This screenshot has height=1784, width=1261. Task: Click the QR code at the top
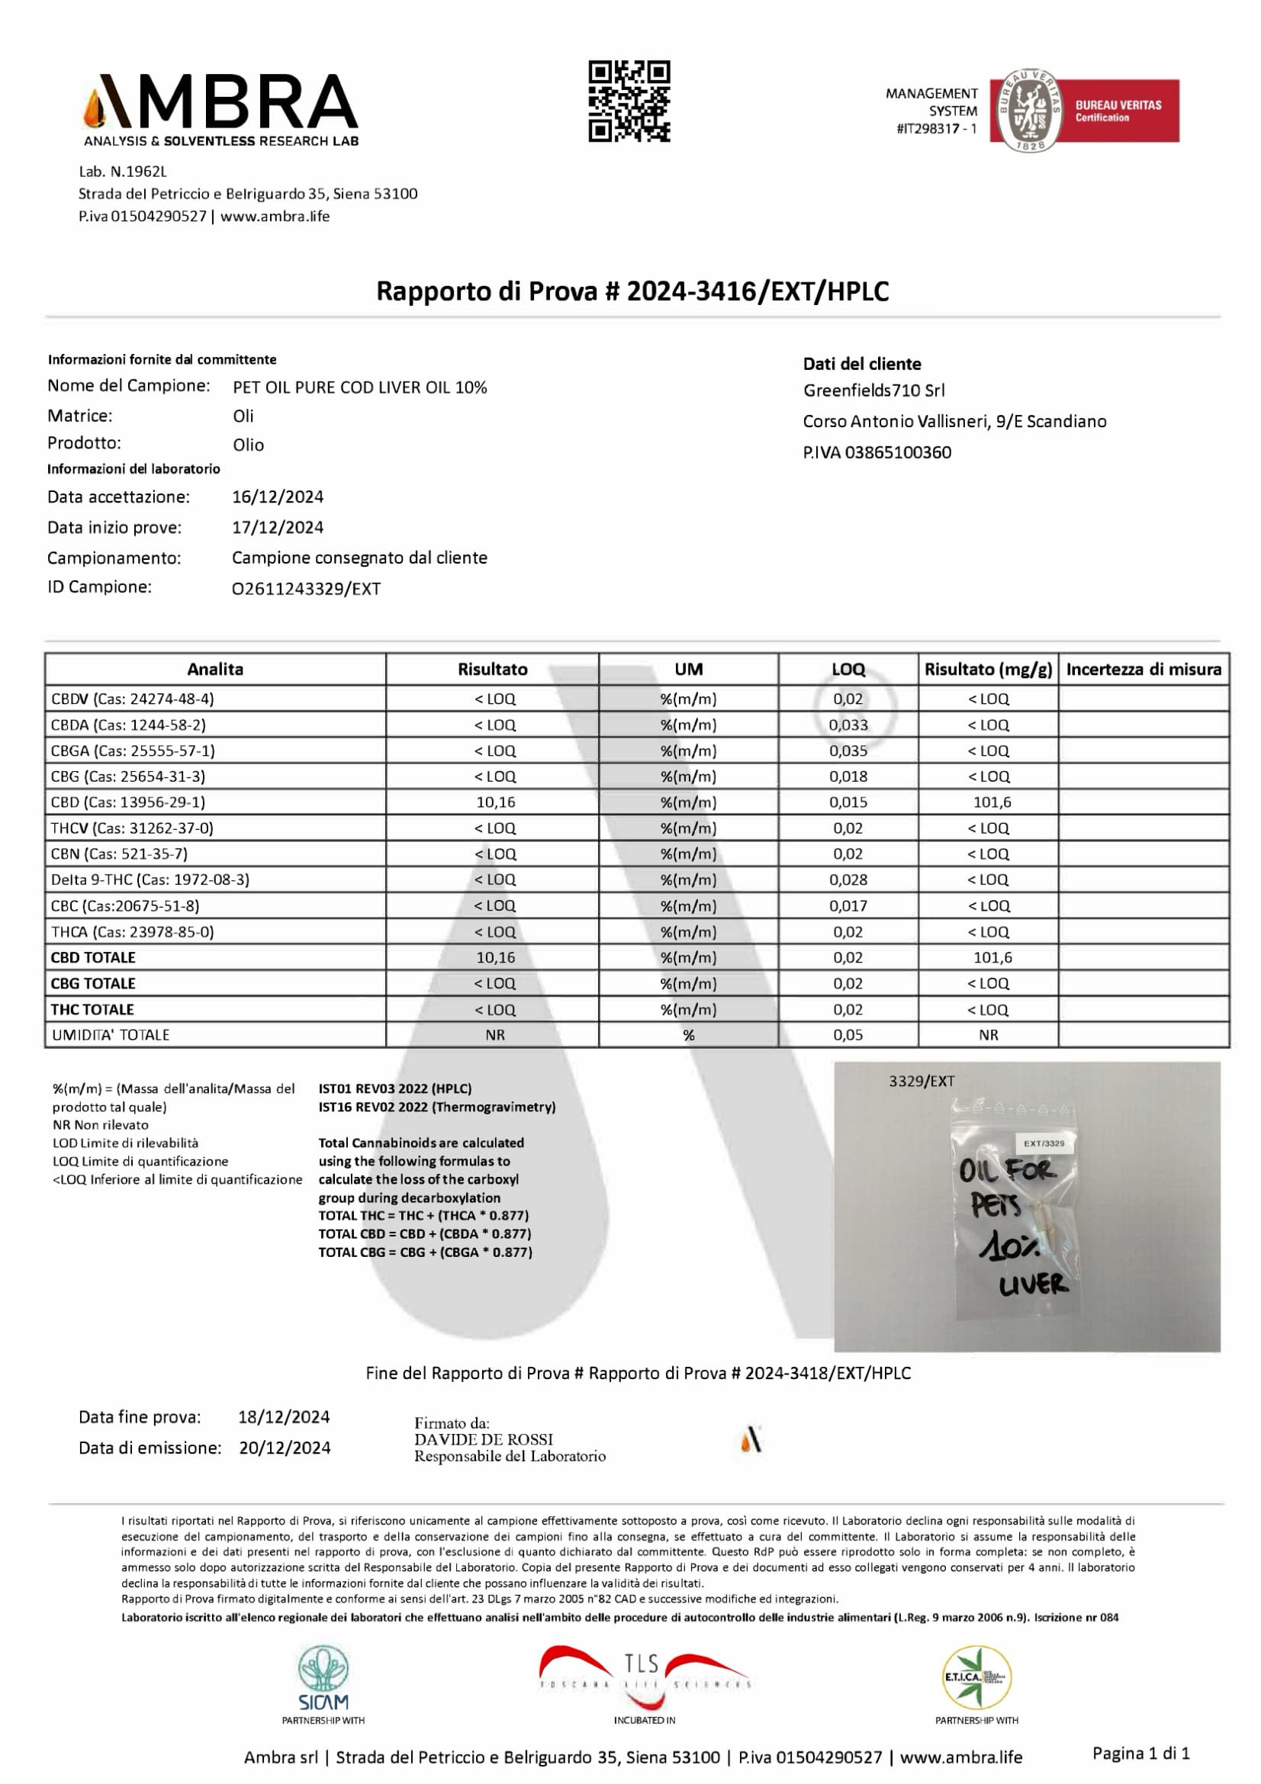629,101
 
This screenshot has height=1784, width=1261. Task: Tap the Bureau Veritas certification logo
1084,111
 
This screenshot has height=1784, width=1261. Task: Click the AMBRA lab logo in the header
221,110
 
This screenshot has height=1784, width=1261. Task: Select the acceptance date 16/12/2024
278,497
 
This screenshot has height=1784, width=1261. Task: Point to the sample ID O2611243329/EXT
306,589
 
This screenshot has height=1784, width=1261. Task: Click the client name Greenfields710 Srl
873,390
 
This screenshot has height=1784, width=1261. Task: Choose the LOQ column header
848,669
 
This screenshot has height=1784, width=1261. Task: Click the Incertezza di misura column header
1143,669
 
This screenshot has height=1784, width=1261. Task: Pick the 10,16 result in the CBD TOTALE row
495,957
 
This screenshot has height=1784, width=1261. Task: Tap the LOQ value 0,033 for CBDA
848,725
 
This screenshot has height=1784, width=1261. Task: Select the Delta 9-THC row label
150,879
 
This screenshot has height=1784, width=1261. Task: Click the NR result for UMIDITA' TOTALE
495,1035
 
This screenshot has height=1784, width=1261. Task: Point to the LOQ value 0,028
848,879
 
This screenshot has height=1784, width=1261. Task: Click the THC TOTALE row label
92,1009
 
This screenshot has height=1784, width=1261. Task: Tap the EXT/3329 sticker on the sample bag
1044,1143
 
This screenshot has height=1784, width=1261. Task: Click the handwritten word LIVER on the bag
1034,1286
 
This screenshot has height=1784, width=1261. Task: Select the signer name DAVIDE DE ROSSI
483,1439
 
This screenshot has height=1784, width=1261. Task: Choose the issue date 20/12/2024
285,1448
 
